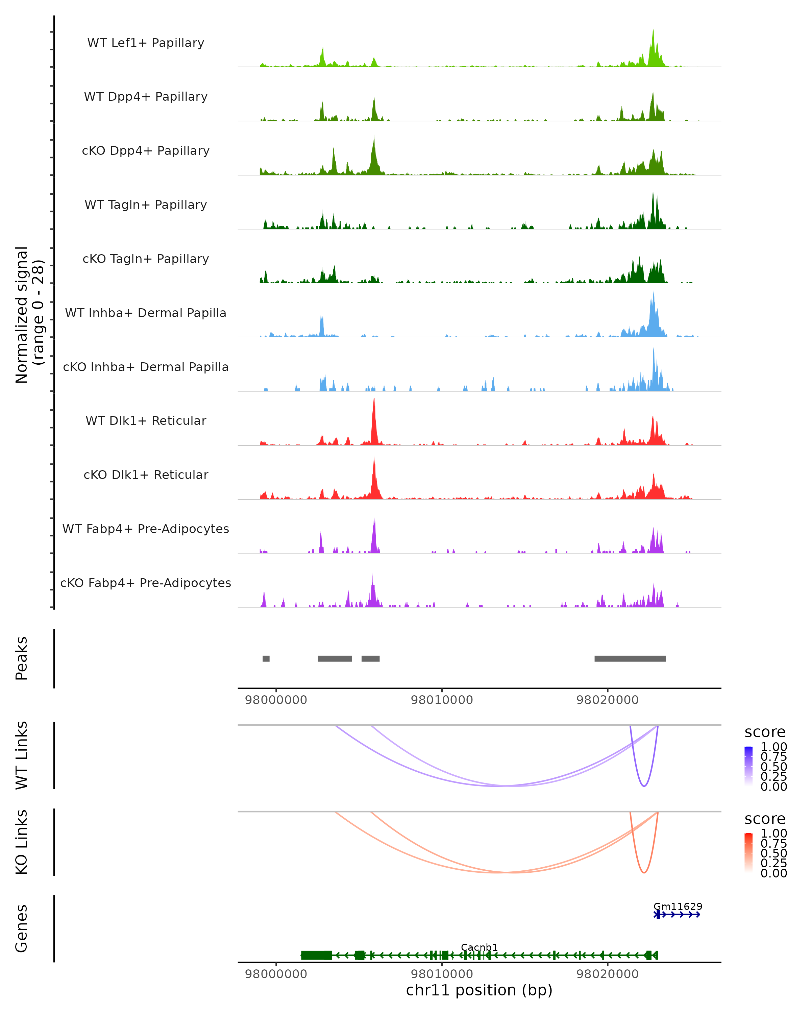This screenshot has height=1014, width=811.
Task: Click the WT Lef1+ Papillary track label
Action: point(146,43)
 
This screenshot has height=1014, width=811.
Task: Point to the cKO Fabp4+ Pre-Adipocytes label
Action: point(146,583)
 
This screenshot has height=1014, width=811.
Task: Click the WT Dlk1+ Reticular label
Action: point(146,420)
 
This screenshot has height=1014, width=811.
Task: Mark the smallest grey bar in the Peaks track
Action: point(266,658)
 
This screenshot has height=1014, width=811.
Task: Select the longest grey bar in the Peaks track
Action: point(630,658)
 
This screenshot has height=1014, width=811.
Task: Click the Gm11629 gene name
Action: point(678,906)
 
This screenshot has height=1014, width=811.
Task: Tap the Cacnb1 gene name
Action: point(479,947)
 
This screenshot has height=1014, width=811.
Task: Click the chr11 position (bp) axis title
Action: point(479,990)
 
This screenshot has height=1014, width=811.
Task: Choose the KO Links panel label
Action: point(22,842)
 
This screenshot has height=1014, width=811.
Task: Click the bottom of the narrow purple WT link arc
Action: point(644,786)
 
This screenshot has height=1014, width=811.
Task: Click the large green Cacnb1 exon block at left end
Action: point(316,955)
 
